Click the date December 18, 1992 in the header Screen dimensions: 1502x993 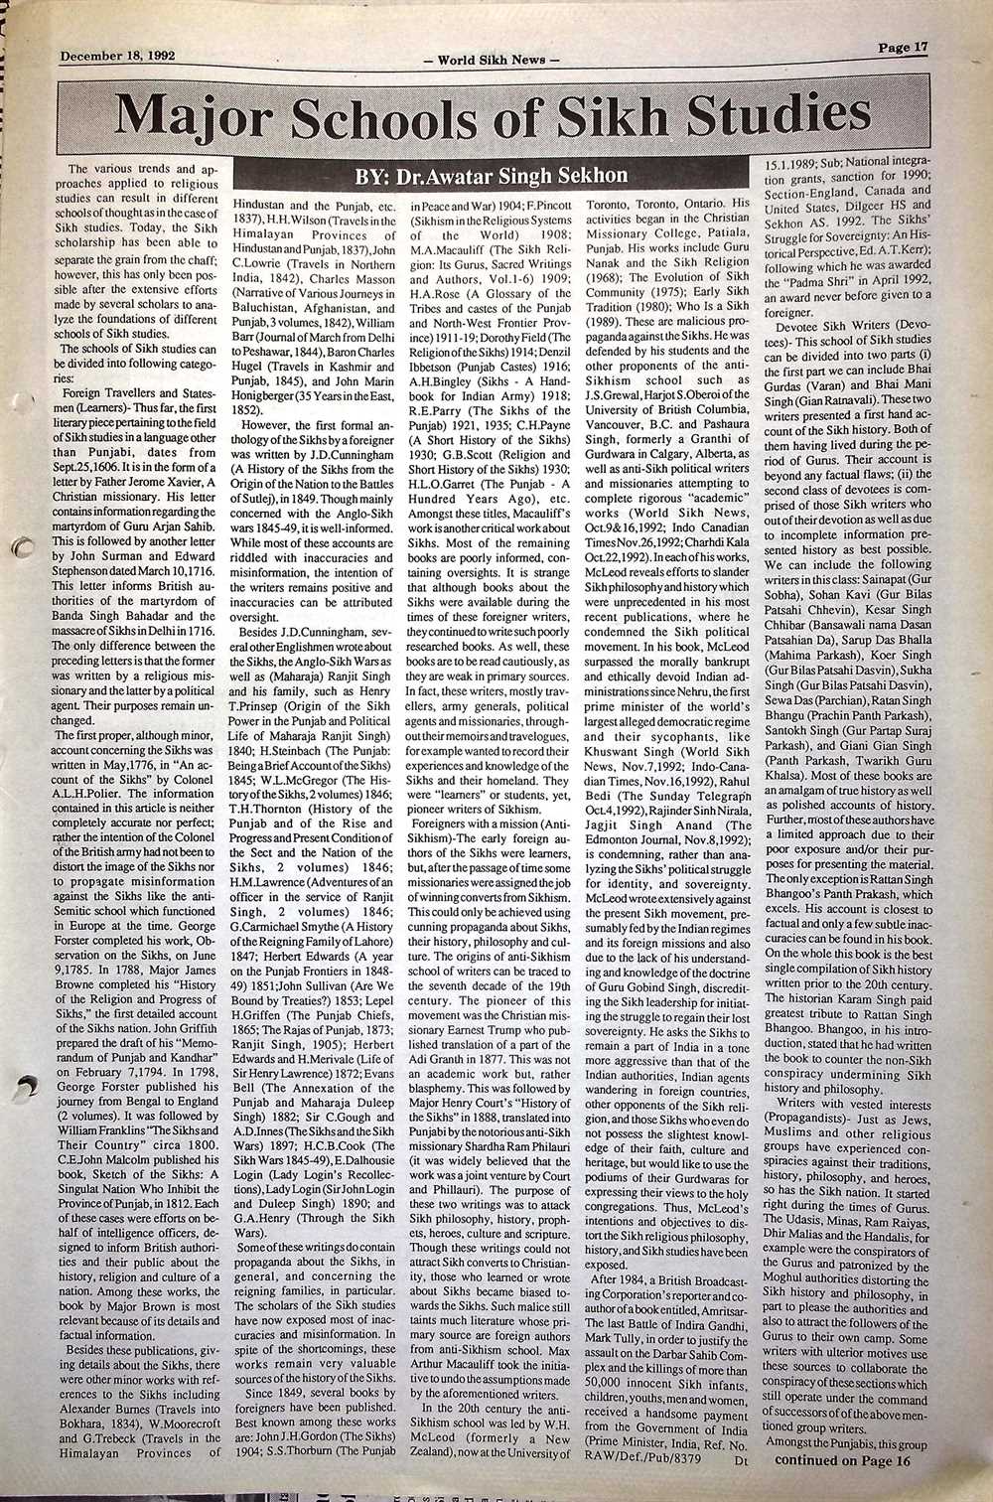coord(117,56)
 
